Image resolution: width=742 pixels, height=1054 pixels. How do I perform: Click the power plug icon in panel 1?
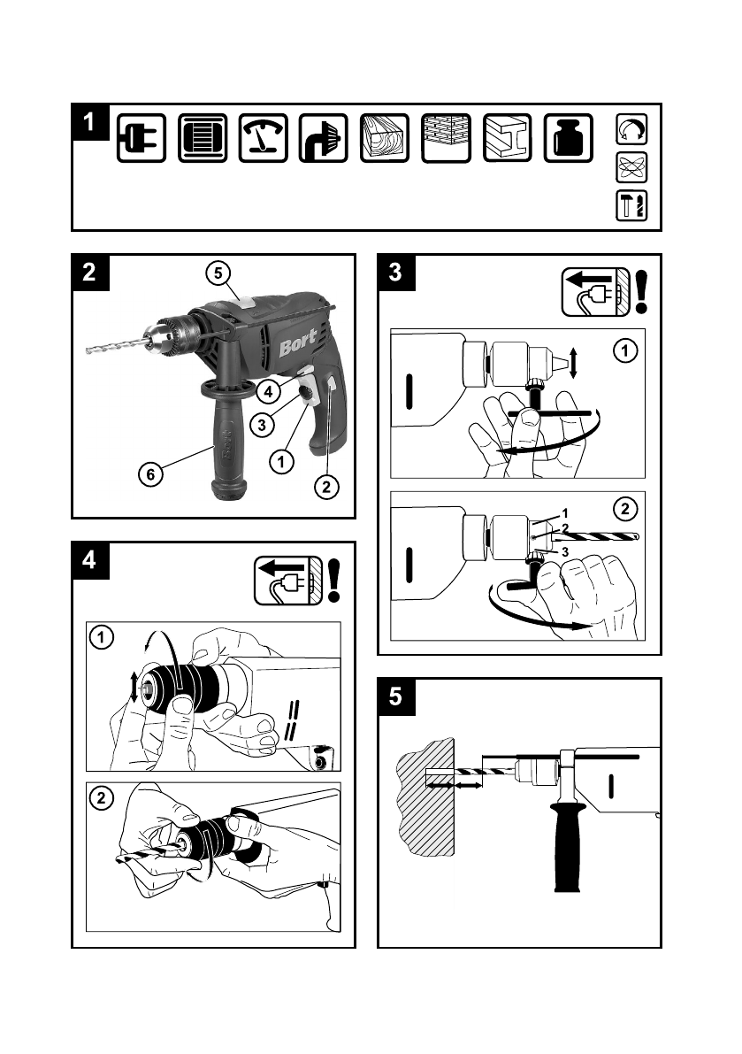click(141, 138)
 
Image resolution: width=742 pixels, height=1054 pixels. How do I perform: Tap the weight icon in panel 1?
click(568, 138)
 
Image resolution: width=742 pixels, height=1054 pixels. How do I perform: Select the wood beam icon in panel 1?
click(385, 138)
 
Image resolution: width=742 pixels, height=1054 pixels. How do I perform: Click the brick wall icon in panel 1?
click(446, 138)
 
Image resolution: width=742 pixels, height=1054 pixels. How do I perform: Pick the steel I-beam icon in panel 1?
click(507, 138)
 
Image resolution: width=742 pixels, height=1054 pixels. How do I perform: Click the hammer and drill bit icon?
click(631, 205)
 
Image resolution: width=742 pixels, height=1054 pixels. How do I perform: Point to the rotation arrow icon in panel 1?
click(631, 129)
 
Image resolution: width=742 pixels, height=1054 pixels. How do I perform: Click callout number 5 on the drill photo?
click(218, 273)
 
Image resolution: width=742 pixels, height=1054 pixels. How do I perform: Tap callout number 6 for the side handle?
click(150, 474)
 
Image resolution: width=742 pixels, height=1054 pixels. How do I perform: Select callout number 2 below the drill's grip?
click(326, 487)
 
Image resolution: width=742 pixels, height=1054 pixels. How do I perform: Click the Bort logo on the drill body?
click(297, 344)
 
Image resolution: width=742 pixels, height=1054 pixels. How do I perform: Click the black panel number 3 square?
click(396, 273)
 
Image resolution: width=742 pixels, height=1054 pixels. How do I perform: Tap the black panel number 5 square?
click(396, 696)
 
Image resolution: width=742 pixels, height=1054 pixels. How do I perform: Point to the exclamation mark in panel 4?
click(333, 581)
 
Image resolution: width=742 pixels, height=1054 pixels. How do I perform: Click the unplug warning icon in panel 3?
click(595, 292)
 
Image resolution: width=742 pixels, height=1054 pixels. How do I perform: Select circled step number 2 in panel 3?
click(625, 509)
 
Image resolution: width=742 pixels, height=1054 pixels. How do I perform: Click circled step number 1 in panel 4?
click(102, 636)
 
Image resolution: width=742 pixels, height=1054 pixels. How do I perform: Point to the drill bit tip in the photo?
click(88, 350)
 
